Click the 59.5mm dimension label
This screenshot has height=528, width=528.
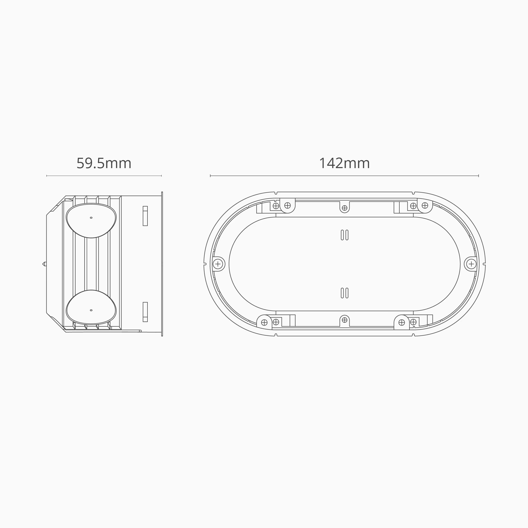(x=104, y=163)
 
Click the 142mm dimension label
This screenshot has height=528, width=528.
(x=344, y=163)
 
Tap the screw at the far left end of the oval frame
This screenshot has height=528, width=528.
(x=218, y=264)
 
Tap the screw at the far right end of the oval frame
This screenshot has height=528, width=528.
(x=471, y=264)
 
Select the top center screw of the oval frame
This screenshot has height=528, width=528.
(x=345, y=208)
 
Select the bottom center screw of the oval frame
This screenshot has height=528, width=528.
(x=345, y=320)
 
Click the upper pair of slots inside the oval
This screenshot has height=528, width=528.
(x=345, y=235)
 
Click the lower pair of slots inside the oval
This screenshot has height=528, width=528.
(x=345, y=293)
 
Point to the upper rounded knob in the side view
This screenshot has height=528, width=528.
(x=91, y=220)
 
